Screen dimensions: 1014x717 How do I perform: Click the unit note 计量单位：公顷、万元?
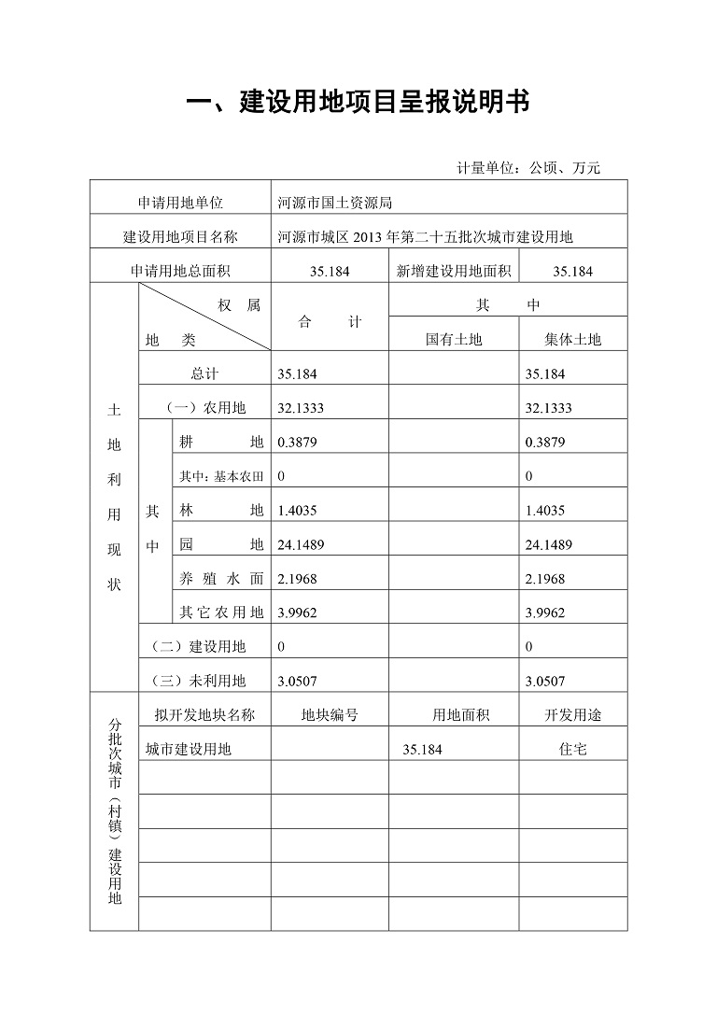coord(527,168)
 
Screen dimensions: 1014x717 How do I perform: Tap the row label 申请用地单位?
coord(180,203)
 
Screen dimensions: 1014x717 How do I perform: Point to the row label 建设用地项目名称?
coord(180,237)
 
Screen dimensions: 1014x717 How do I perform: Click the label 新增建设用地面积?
coord(453,272)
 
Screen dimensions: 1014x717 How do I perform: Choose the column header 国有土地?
coord(454,340)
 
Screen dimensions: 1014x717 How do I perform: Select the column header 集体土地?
coord(572,340)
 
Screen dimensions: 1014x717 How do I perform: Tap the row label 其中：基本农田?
coord(221,477)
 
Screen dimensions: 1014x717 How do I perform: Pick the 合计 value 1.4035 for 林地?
coord(298,511)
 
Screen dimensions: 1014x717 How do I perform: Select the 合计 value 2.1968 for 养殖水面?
coord(298,579)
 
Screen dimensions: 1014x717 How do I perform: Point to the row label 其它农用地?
coord(221,613)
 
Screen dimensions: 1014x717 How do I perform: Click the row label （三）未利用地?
coord(199,682)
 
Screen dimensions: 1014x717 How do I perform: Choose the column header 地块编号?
coord(329,715)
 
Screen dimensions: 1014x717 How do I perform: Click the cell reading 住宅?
coord(572,750)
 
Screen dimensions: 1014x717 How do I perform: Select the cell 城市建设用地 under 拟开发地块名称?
coord(189,750)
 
